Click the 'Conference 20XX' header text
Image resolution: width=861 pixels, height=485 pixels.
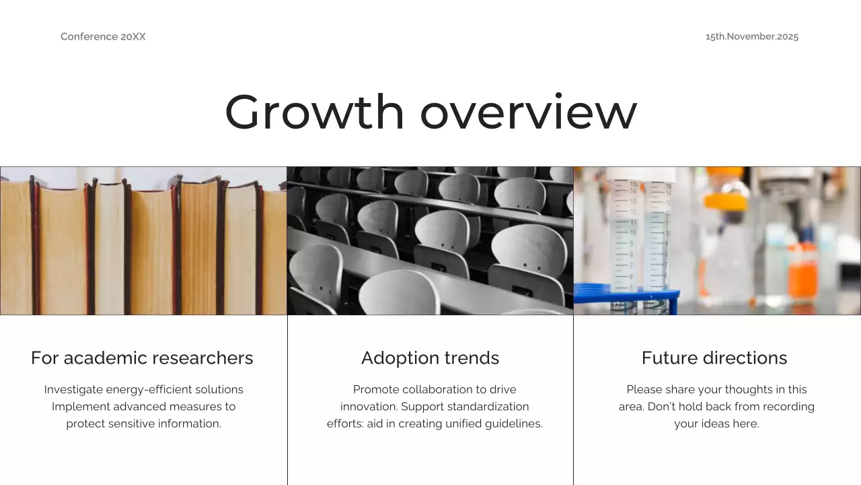[x=103, y=36]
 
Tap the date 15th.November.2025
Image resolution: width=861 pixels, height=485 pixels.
[x=751, y=36]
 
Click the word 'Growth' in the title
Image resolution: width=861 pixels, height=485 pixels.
[x=314, y=112]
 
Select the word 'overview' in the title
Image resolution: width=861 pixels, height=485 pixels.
[x=528, y=112]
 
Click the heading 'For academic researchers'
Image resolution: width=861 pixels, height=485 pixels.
[x=142, y=358]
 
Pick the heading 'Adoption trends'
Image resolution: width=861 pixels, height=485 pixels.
[x=430, y=358]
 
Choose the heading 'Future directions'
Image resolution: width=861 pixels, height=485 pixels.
[x=714, y=358]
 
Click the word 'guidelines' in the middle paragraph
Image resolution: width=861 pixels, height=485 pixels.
[x=513, y=424]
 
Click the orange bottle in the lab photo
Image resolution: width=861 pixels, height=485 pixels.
[x=802, y=273]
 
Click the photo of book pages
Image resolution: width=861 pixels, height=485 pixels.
[x=143, y=240]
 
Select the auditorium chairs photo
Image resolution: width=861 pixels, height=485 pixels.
[x=430, y=240]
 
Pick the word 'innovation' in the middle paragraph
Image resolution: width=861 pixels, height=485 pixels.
[x=367, y=407]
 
